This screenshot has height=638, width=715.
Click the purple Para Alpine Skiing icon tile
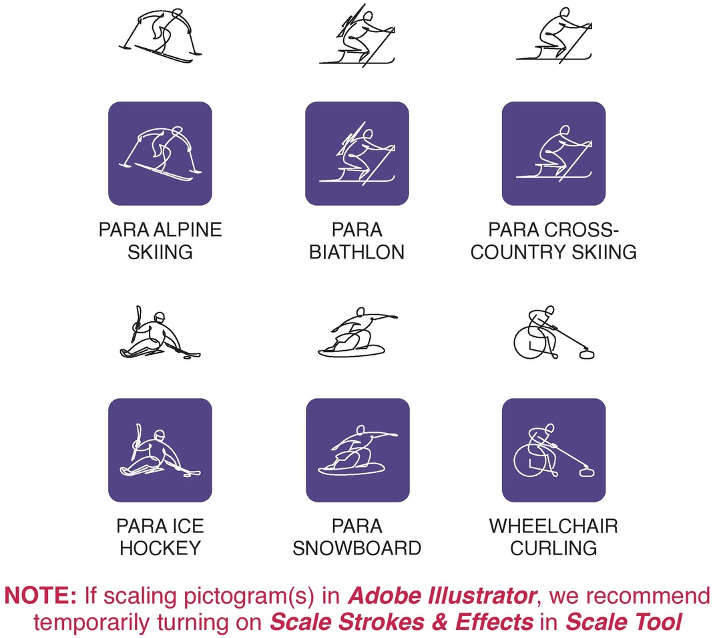pos(160,154)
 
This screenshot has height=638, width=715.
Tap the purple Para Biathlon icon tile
pos(357,154)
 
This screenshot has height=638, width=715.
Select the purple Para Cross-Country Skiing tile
pos(553,154)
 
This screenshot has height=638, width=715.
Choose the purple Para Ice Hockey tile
pos(160,450)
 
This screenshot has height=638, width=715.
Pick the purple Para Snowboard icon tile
pos(358,450)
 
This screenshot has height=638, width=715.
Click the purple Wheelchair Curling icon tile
pos(553,450)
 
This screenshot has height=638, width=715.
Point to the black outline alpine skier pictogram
pos(160,35)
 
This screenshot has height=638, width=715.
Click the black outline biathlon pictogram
pos(357,35)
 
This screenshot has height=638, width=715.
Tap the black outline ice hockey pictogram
pos(160,333)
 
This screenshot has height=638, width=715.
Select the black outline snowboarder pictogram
pos(358,332)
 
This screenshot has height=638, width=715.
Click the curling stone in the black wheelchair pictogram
pos(586,353)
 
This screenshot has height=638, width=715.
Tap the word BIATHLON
pos(357,252)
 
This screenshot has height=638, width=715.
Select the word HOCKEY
pos(160,548)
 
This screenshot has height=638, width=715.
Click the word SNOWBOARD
pos(357,548)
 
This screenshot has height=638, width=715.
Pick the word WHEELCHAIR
pos(553,526)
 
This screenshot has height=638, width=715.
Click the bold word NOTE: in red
pos(41,596)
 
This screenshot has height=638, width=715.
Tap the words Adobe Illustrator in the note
pos(442,596)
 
